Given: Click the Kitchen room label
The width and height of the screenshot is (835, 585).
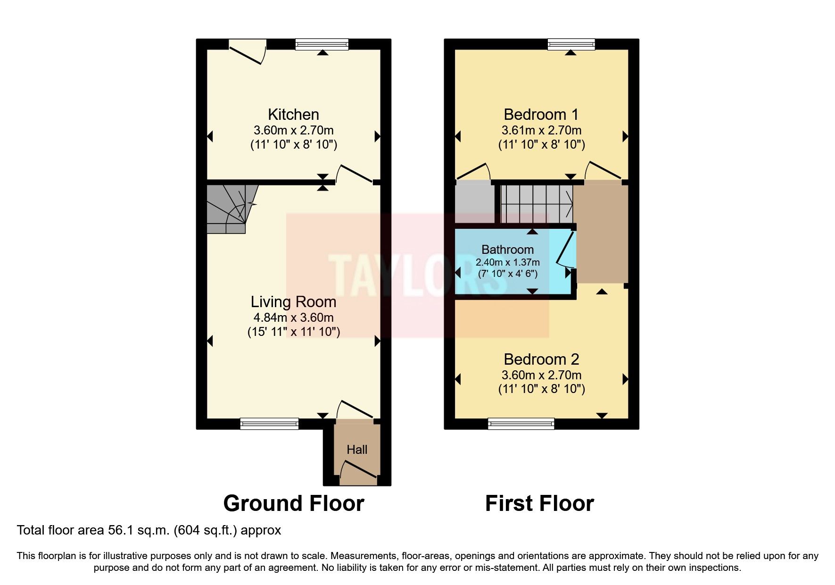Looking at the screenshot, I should (x=293, y=115).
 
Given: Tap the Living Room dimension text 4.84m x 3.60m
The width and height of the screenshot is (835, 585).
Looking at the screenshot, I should (x=293, y=318).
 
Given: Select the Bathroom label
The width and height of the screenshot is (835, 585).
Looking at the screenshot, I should (x=507, y=250).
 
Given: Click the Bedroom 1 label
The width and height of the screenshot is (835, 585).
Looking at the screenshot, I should (x=541, y=115).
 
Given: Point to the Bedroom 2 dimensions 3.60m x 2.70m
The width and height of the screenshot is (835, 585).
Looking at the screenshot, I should (x=541, y=375).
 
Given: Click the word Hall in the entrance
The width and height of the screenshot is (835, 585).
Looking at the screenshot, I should (x=357, y=450).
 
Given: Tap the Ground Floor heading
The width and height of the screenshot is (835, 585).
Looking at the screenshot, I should (x=293, y=503).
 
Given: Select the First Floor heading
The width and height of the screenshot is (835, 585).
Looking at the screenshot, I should (x=539, y=503).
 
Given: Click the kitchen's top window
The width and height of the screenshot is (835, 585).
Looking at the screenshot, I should (x=322, y=45).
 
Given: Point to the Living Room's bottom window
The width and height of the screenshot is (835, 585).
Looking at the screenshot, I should (x=269, y=424).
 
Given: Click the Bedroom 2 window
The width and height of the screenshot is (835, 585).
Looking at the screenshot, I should (x=521, y=424).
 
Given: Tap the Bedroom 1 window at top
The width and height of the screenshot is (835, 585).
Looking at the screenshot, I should (x=571, y=45).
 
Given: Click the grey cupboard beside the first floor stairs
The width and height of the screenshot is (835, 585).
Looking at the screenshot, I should (x=474, y=203).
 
